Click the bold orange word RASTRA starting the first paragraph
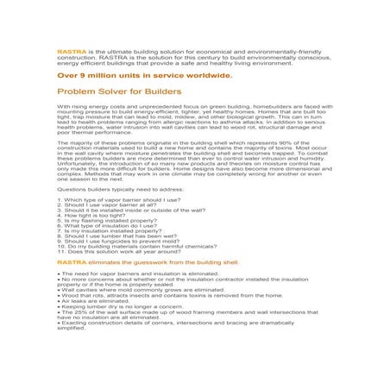click(x=66, y=51)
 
